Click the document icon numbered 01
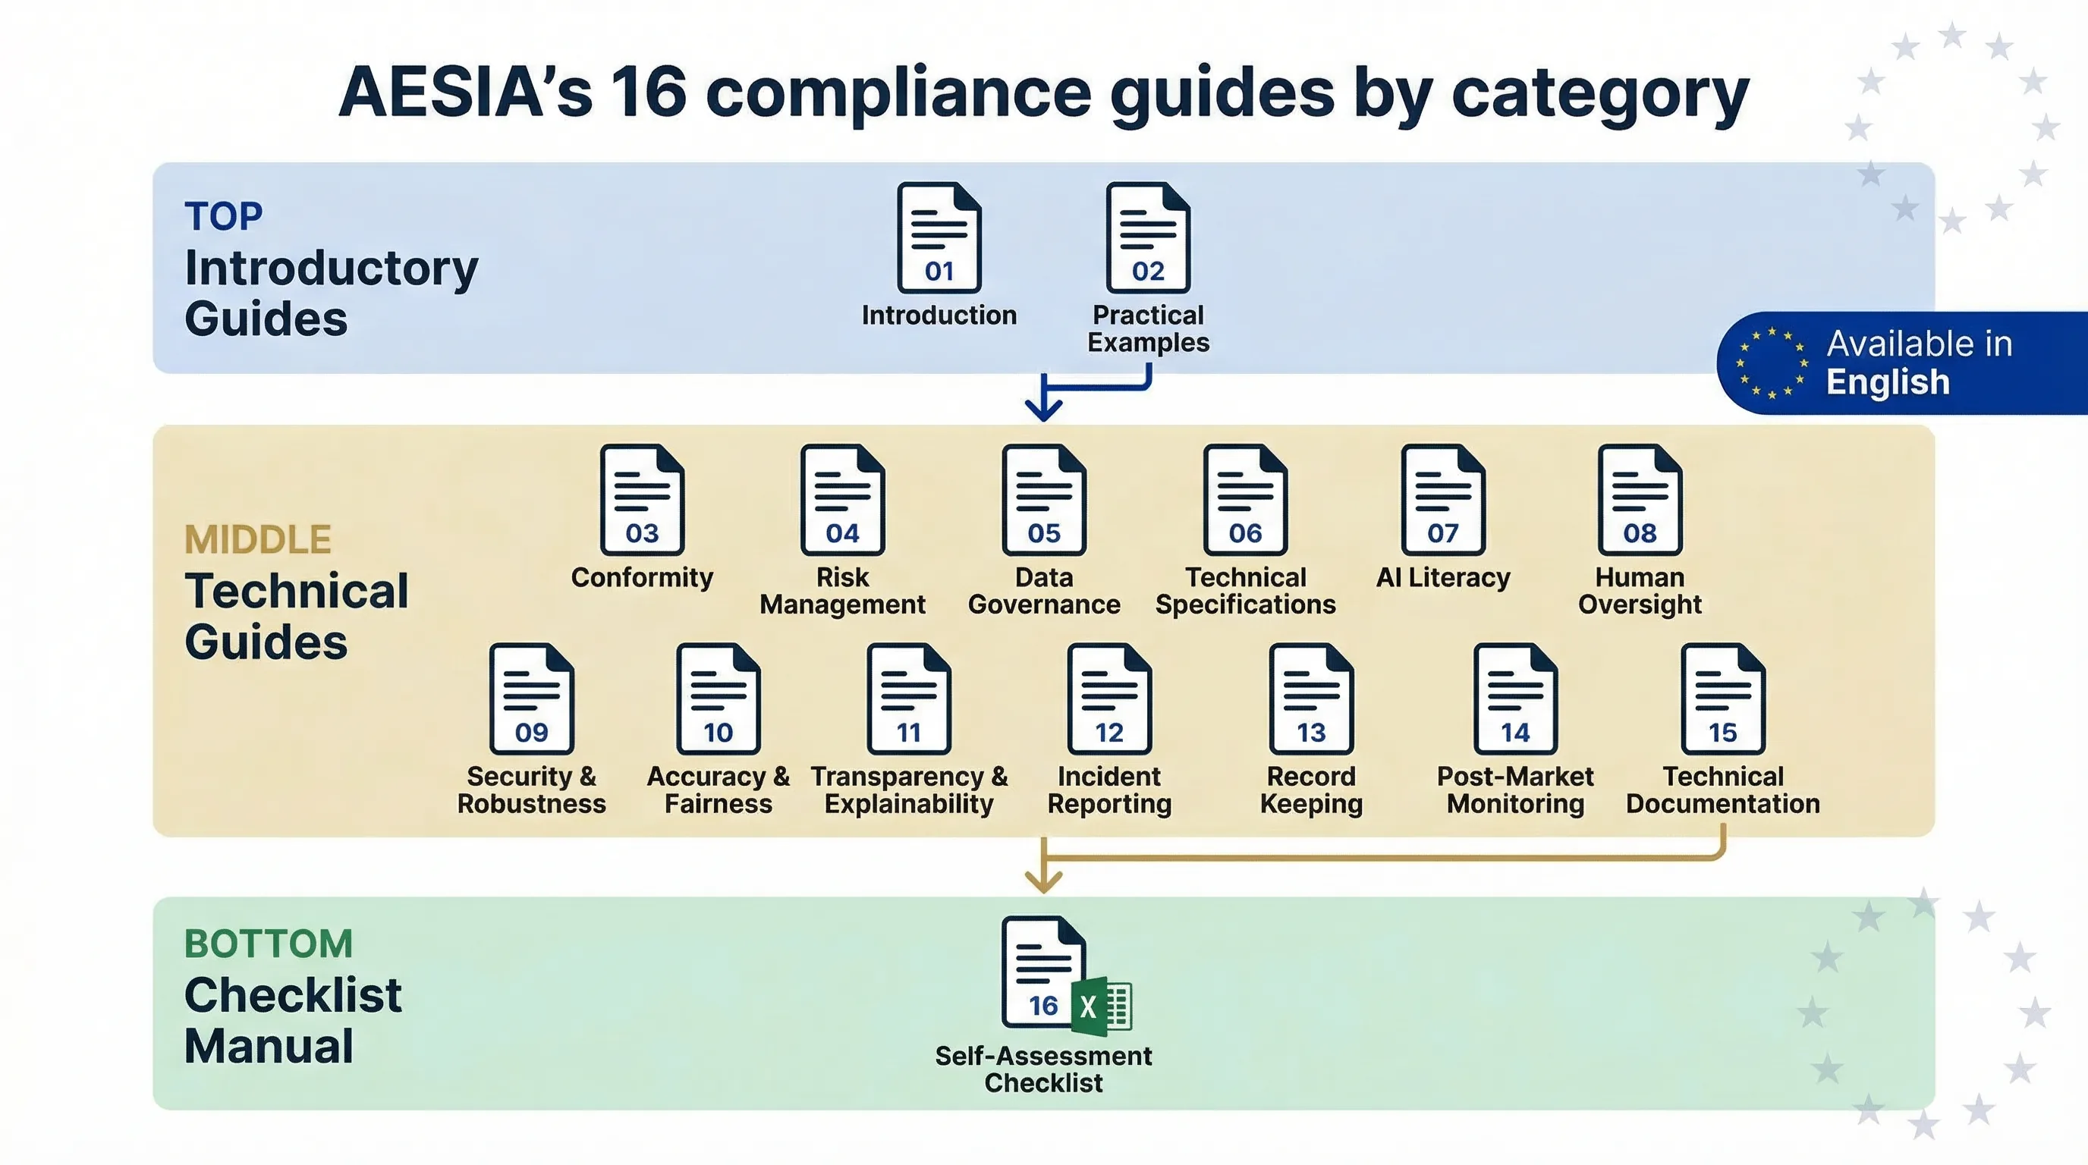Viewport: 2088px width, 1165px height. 939,237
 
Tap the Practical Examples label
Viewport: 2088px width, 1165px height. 1148,328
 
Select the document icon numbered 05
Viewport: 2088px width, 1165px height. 1043,500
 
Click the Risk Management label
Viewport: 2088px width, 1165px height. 842,591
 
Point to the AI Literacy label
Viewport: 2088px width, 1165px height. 1443,578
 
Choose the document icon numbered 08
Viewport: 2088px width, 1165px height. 1639,500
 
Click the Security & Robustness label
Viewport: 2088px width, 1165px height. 531,790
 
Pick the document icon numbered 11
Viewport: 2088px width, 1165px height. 908,699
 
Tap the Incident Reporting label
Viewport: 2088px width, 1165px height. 1108,790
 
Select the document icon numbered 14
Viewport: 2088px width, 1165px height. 1515,699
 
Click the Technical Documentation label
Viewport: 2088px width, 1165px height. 1722,790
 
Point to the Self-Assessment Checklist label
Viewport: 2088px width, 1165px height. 1043,1069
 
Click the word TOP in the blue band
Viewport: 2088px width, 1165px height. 223,216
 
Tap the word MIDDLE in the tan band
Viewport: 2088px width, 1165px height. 258,539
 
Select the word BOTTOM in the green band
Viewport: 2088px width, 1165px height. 269,944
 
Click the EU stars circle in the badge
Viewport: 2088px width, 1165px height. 1771,363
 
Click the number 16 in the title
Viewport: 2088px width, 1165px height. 649,92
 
